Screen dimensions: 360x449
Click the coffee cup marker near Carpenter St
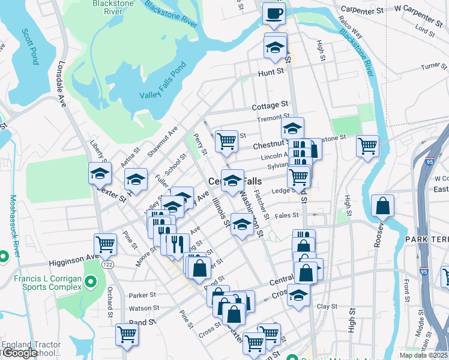click(274, 13)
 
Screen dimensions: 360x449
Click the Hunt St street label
click(270, 72)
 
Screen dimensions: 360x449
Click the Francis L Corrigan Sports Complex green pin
click(91, 281)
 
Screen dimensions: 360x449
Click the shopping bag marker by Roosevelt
click(382, 206)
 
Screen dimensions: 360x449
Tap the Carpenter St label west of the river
click(362, 10)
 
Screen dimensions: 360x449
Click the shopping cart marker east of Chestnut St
click(367, 146)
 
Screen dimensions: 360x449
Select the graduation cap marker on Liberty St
click(100, 174)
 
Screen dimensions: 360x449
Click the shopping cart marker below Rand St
click(127, 334)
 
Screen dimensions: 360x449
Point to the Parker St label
click(142, 295)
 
